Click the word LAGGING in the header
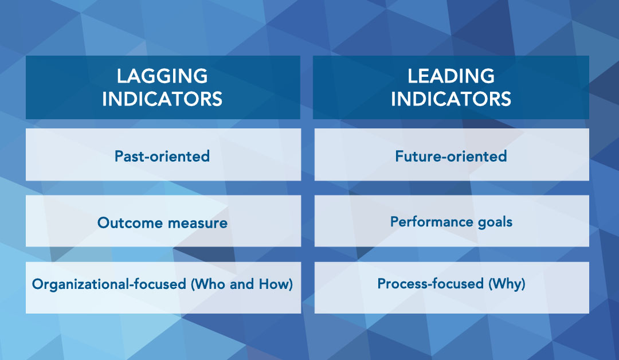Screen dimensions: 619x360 pyautogui.click(x=162, y=76)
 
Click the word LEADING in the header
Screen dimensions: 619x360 pyautogui.click(x=451, y=76)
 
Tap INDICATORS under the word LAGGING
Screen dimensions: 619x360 pyautogui.click(x=162, y=99)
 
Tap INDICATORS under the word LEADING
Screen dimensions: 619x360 pyautogui.click(x=451, y=99)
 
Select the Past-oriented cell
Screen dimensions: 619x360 pyautogui.click(x=163, y=154)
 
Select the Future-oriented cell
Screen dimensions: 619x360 pyautogui.click(x=452, y=154)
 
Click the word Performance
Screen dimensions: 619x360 pyautogui.click(x=432, y=222)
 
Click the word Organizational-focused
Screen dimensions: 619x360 pyautogui.click(x=109, y=284)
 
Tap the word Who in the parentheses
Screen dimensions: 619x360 pyautogui.click(x=208, y=284)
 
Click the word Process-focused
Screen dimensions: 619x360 pyautogui.click(x=430, y=284)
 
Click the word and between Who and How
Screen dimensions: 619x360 pyautogui.click(x=242, y=284)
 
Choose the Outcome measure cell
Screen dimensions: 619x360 pyautogui.click(x=163, y=221)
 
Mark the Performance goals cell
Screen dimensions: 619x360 pyautogui.click(x=452, y=221)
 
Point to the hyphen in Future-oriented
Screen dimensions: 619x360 pyautogui.click(x=445, y=158)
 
